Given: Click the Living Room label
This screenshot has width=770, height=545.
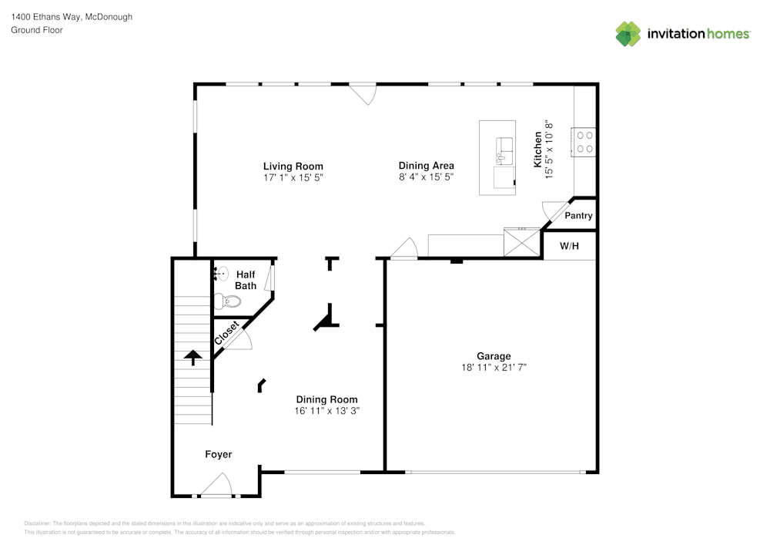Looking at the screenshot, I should pyautogui.click(x=293, y=166).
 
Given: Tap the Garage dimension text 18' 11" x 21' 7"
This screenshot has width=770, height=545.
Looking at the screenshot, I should pyautogui.click(x=493, y=368).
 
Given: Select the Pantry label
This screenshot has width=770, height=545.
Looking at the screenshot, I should pyautogui.click(x=578, y=216).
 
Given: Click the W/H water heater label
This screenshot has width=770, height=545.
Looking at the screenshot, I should pyautogui.click(x=569, y=247).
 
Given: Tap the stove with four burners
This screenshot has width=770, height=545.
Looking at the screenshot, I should pyautogui.click(x=584, y=142).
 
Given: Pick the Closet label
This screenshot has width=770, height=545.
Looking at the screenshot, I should pyautogui.click(x=226, y=333).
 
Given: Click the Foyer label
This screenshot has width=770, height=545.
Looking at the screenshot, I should pyautogui.click(x=218, y=455).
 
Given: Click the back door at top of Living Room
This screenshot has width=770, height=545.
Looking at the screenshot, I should pyautogui.click(x=362, y=93).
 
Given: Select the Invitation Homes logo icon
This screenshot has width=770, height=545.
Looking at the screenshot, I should pyautogui.click(x=628, y=33).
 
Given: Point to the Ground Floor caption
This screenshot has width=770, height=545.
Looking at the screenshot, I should pyautogui.click(x=37, y=30).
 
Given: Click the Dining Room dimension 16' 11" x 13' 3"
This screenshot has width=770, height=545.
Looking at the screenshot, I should pyautogui.click(x=327, y=411).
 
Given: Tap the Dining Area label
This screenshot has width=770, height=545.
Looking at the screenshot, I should pyautogui.click(x=426, y=166).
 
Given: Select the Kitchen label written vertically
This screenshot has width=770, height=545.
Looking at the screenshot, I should pyautogui.click(x=539, y=150).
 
